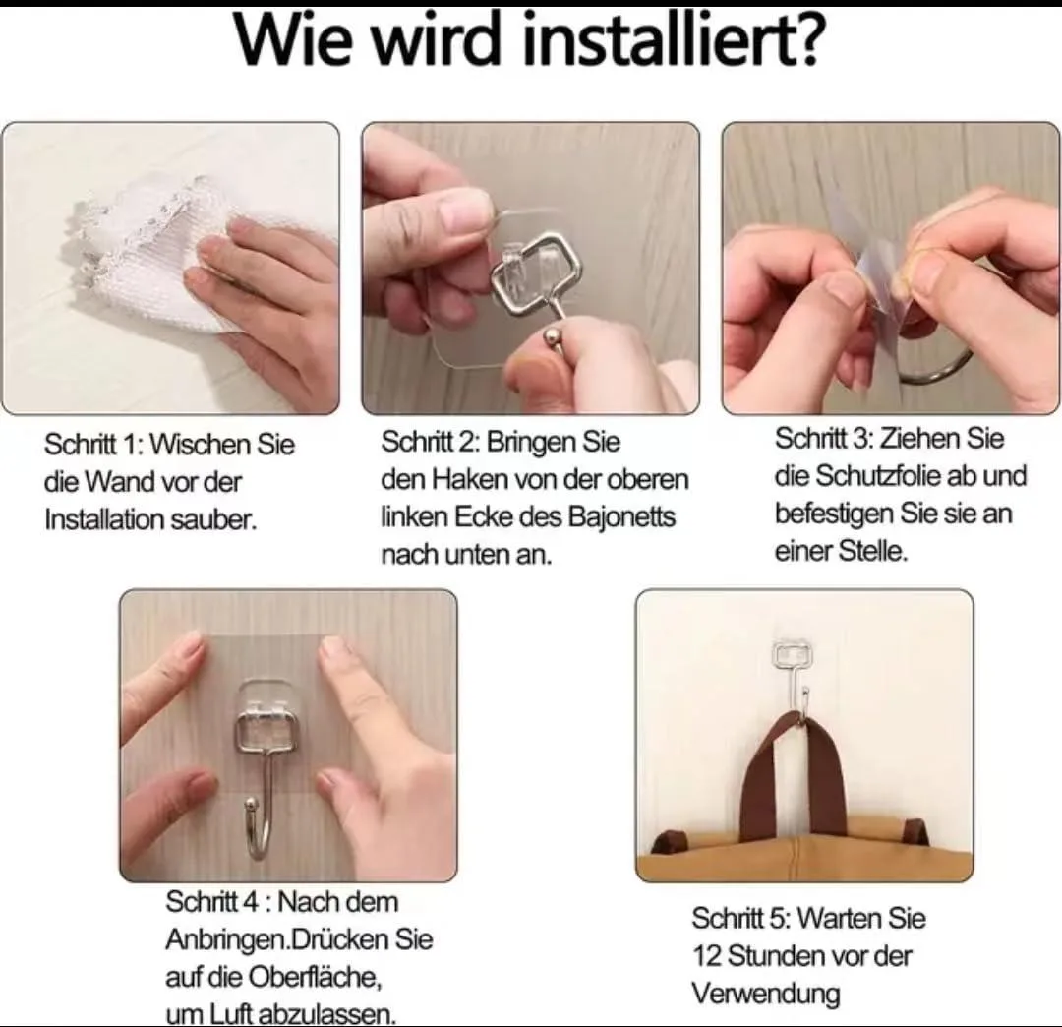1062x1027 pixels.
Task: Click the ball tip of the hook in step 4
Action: click(252, 805)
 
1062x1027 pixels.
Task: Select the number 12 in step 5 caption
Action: click(706, 956)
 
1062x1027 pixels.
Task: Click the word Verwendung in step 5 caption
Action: click(765, 995)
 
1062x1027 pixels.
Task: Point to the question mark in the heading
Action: click(806, 39)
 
